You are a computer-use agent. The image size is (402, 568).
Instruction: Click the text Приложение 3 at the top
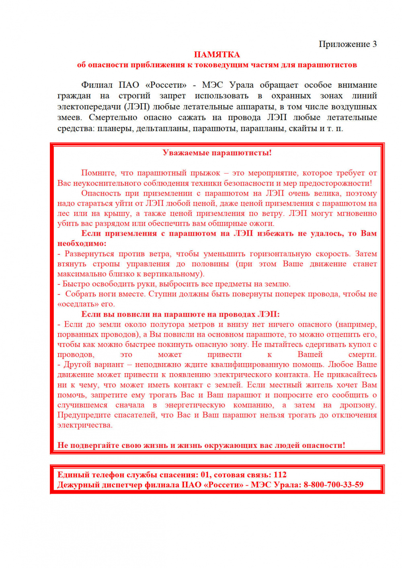(347, 44)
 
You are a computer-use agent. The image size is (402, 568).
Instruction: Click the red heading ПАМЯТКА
(217, 55)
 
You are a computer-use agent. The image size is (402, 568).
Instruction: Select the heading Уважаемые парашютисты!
(217, 153)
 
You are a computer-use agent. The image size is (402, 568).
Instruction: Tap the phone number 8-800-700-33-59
(333, 485)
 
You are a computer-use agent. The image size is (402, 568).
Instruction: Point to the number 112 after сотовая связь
(280, 475)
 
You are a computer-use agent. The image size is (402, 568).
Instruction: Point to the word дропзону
(358, 405)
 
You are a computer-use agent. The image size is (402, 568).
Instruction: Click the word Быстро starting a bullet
(74, 284)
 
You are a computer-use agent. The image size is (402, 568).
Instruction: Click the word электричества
(85, 425)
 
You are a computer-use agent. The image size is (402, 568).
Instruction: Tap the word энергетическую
(195, 405)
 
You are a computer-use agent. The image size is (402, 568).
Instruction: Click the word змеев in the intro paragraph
(69, 118)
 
